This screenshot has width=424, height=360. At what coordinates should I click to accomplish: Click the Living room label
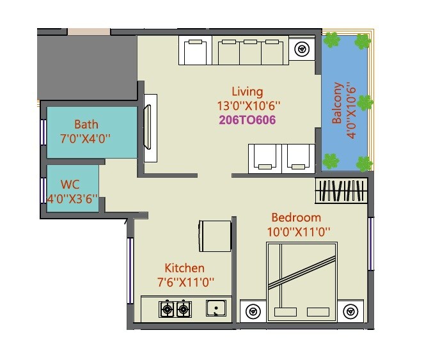tap(247, 91)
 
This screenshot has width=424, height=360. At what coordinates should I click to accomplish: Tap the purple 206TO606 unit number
tap(247, 120)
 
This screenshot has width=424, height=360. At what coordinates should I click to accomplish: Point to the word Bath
tap(86, 124)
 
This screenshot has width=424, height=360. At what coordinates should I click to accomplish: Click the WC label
tap(70, 185)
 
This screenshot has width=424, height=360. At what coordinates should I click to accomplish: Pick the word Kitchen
tap(184, 268)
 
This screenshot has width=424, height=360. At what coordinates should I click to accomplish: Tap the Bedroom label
tap(296, 217)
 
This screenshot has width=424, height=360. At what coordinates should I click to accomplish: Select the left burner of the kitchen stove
tap(167, 310)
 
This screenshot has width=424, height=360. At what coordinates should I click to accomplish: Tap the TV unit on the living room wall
tap(150, 128)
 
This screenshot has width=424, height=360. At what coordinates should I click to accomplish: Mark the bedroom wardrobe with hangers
tap(341, 192)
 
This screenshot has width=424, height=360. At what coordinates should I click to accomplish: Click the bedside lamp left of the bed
tap(253, 311)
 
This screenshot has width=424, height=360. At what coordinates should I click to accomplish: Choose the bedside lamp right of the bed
tap(350, 311)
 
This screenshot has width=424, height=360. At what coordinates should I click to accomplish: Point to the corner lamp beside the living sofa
tap(301, 49)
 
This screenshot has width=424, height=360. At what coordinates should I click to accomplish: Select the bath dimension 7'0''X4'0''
tap(86, 137)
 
